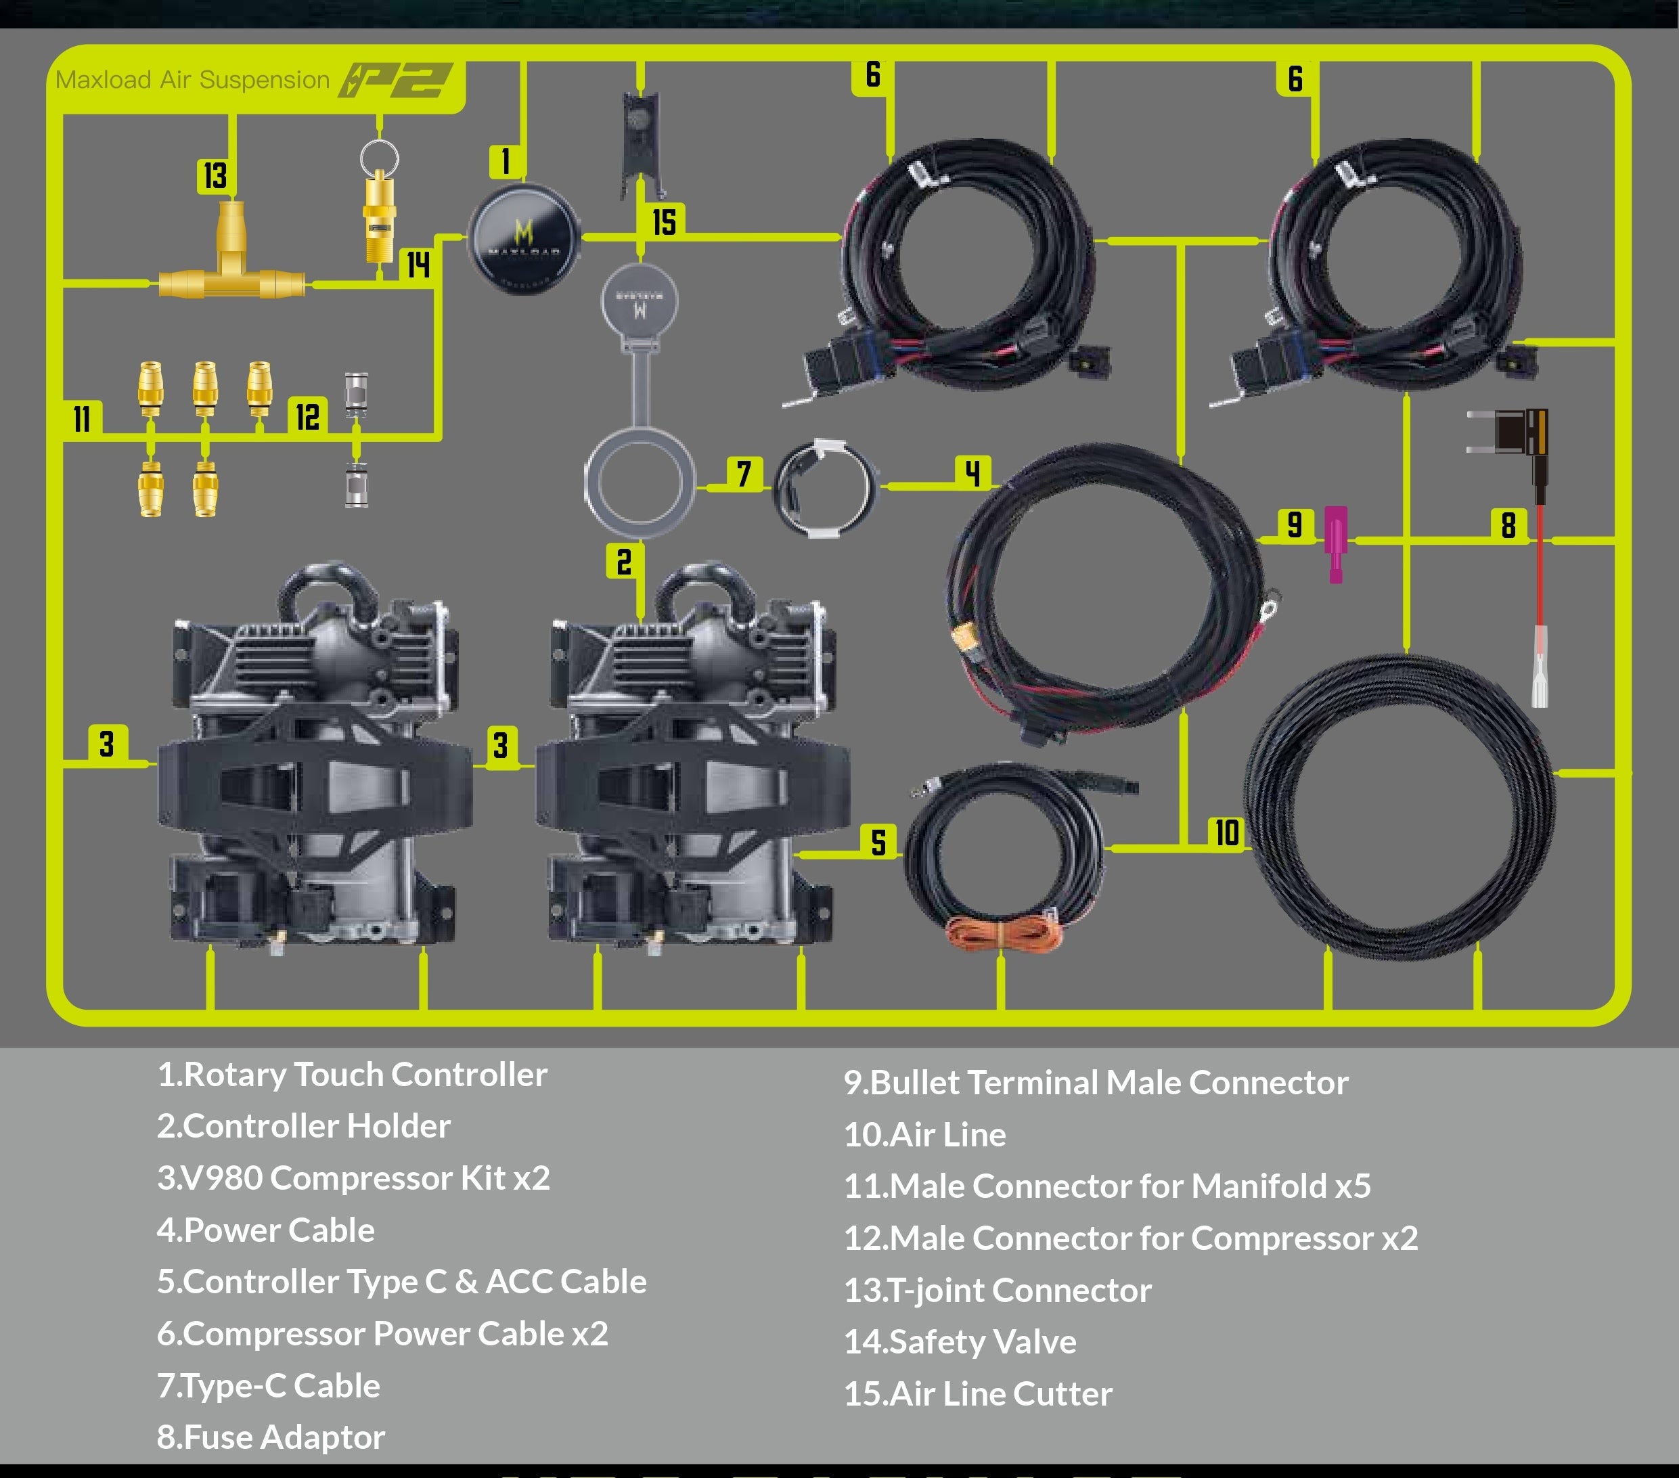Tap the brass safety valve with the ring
coord(379,201)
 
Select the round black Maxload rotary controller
coord(524,239)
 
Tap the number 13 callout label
coord(215,176)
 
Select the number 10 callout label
coord(1227,833)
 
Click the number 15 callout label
coord(664,222)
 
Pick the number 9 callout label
coord(1295,524)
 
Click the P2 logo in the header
coord(396,81)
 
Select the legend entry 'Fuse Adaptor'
coord(271,1437)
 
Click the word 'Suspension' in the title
coord(265,81)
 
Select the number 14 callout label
coord(418,265)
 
